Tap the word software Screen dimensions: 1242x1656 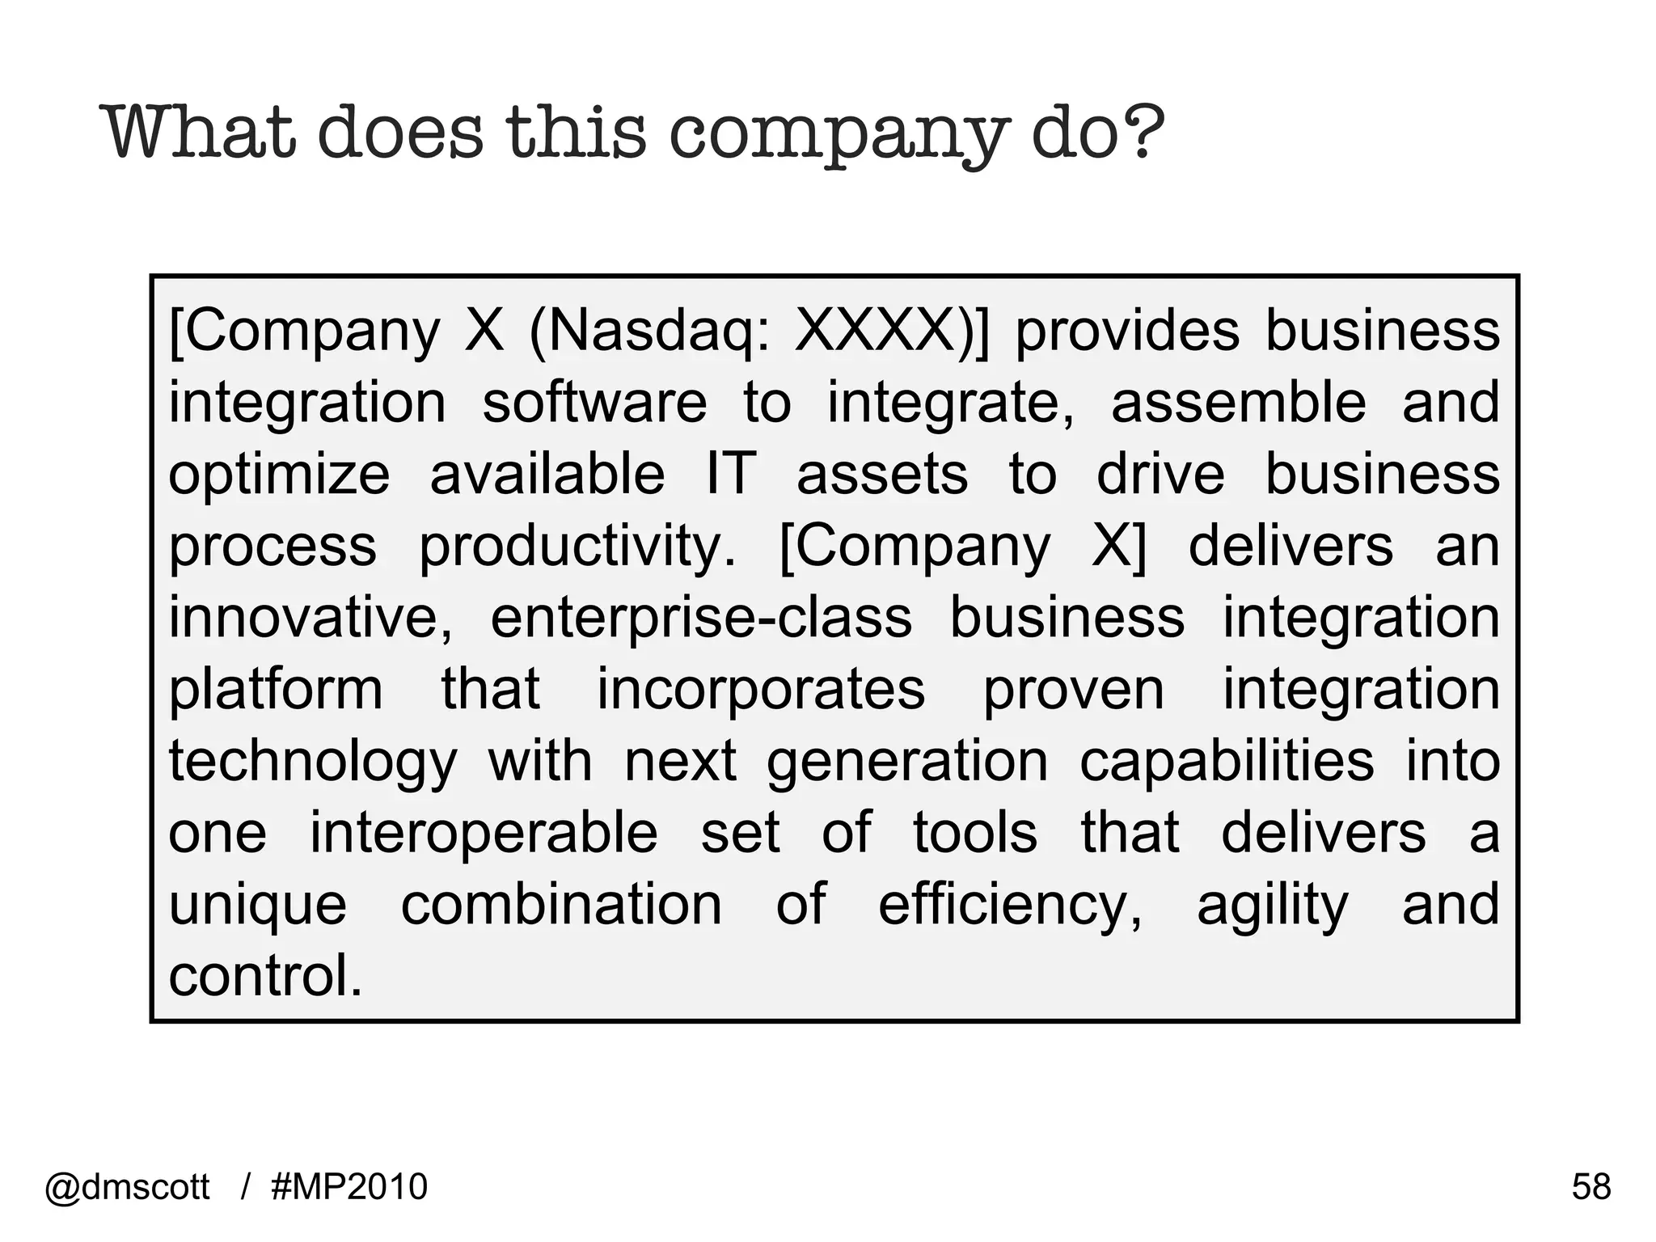[594, 402]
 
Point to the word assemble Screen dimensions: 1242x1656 [1238, 402]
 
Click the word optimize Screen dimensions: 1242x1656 [279, 475]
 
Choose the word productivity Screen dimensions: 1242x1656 [577, 547]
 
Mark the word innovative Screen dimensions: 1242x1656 [310, 618]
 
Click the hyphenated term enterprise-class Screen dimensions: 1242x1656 [701, 618]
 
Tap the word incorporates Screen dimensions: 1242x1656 [761, 690]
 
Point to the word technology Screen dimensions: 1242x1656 [313, 763]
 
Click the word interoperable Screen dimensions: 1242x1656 [484, 833]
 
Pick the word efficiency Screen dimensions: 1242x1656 [1010, 906]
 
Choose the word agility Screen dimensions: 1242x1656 [1273, 906]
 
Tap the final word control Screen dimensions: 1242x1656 [265, 976]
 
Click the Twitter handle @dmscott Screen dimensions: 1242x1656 [128, 1187]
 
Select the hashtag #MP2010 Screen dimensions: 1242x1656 [349, 1187]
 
